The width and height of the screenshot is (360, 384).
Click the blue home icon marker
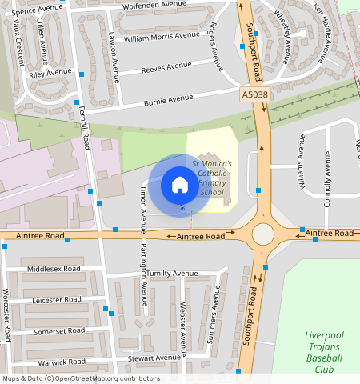(180, 186)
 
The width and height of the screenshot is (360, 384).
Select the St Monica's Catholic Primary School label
(212, 178)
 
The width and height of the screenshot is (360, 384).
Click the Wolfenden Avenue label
(160, 6)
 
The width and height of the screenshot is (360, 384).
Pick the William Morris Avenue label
(162, 36)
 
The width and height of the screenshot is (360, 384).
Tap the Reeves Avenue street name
(164, 70)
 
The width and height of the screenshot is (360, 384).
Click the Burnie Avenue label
(169, 100)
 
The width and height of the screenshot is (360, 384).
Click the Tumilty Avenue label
(171, 273)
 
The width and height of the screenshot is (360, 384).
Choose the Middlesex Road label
(54, 269)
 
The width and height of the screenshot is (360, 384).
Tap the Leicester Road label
(57, 299)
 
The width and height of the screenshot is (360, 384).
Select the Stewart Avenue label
(154, 358)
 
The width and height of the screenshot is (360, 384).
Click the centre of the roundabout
(262, 234)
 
